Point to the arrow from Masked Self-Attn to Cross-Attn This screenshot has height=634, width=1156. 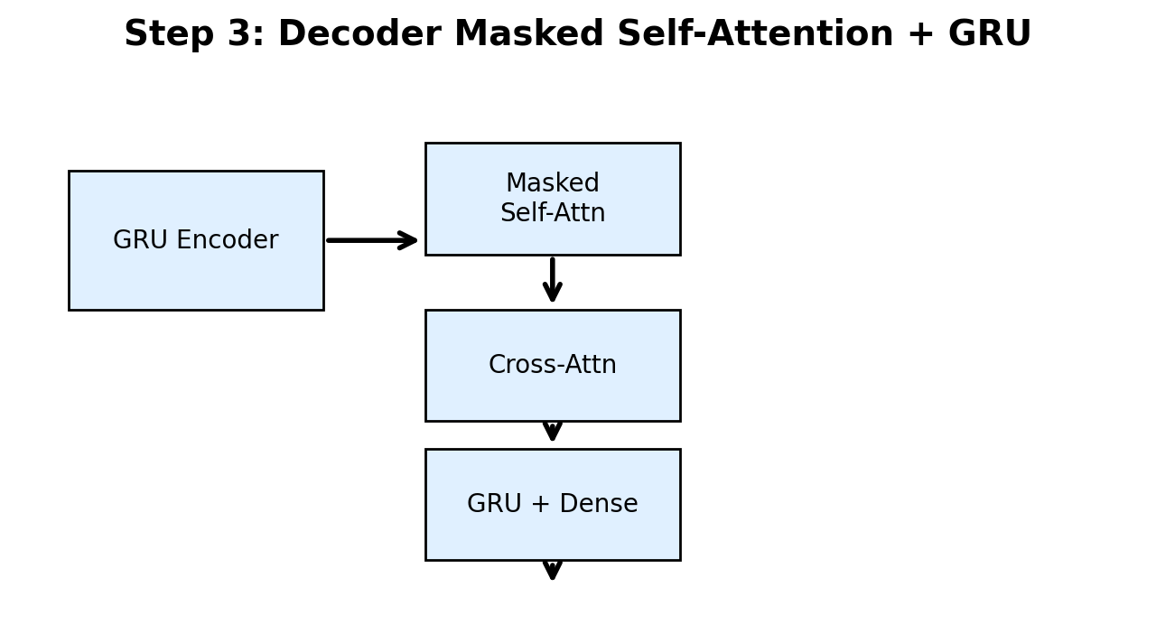553,280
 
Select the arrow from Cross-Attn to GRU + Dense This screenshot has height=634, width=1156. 553,432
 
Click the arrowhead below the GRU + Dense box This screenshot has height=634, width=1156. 553,571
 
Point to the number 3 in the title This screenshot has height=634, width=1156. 239,34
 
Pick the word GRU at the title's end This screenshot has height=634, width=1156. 989,34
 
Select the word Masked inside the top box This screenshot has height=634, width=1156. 553,183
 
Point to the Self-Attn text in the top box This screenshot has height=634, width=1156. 553,214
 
